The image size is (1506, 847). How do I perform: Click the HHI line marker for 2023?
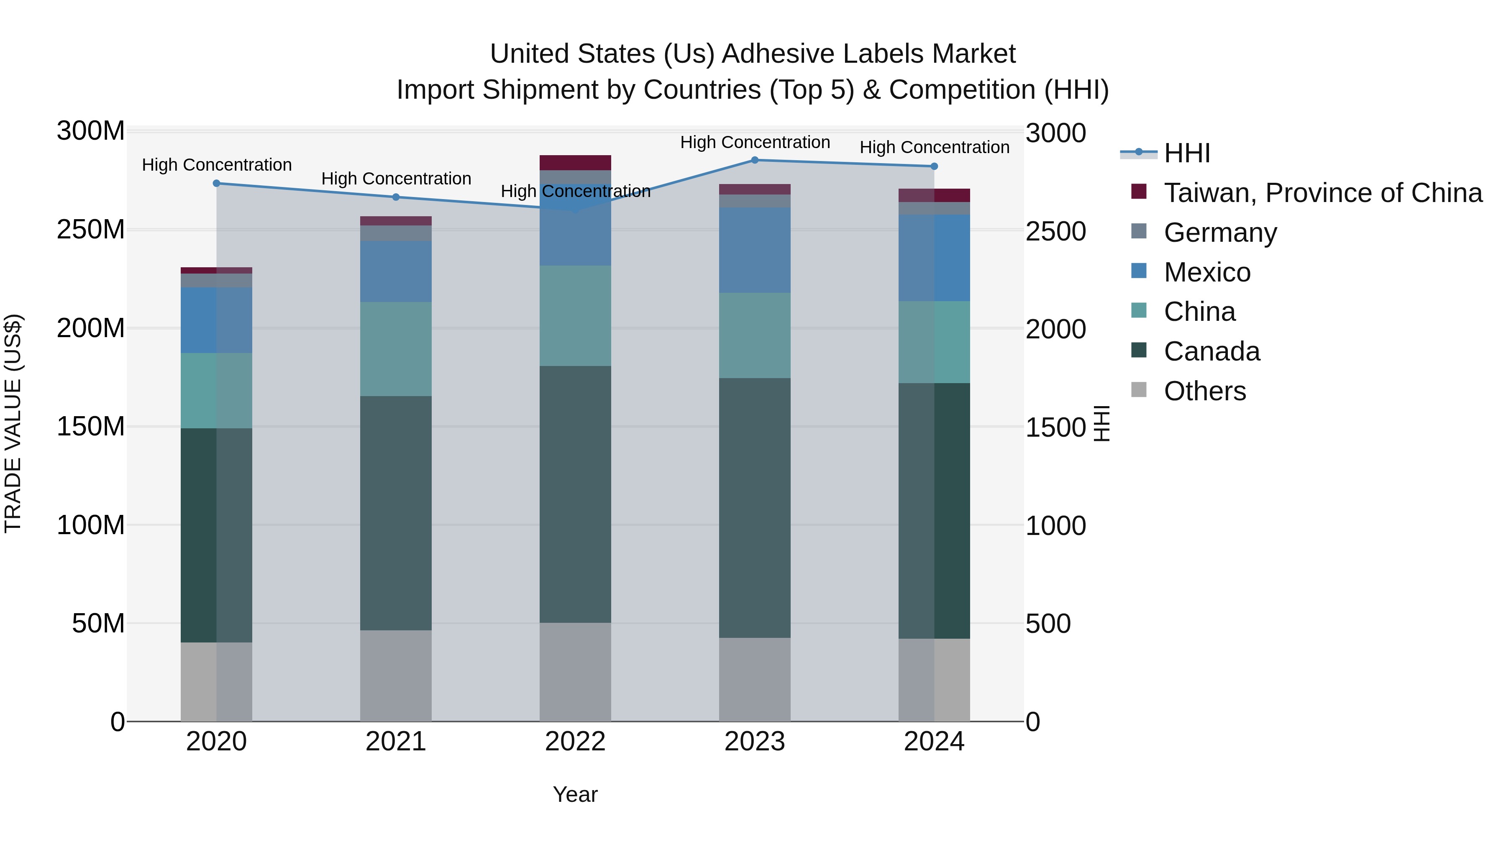tap(754, 160)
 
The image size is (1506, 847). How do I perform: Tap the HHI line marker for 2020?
tap(216, 184)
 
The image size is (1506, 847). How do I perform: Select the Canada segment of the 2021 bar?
tap(396, 513)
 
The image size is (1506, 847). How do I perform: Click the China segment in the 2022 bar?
tap(575, 316)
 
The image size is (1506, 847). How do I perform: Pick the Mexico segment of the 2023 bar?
tap(754, 250)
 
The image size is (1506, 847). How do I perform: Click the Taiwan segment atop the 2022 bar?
tap(575, 163)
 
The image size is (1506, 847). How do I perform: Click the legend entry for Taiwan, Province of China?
tap(1322, 193)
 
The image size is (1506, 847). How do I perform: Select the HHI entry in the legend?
tap(1186, 153)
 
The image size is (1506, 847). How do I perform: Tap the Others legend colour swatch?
tap(1138, 390)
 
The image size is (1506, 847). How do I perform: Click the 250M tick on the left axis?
tap(91, 230)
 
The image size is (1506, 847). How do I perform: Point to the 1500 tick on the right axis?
tap(1056, 427)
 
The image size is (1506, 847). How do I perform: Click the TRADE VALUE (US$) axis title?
tap(13, 423)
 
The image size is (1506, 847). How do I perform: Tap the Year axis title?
tap(575, 794)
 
